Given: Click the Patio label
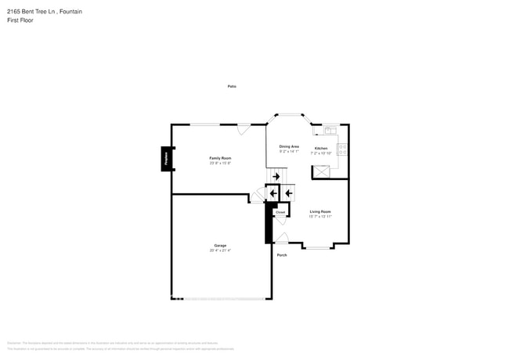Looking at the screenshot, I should tap(232, 86).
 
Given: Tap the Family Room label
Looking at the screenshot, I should tap(220, 158).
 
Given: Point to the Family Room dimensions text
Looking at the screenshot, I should tap(220, 163).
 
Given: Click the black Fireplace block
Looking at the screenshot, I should tap(166, 159).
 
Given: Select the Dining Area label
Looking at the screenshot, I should tap(289, 146).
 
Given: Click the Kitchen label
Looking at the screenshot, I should tap(321, 149).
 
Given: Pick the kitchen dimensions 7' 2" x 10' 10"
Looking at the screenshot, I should tap(321, 153).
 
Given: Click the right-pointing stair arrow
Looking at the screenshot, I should tap(276, 177).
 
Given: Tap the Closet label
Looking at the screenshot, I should tap(280, 212).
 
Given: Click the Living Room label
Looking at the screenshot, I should tap(320, 211).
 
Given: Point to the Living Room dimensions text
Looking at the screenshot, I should tap(320, 216).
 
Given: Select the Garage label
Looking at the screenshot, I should tap(220, 245).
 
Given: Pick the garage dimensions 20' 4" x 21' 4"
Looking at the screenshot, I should tap(220, 250).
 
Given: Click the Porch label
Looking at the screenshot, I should tap(282, 254).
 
